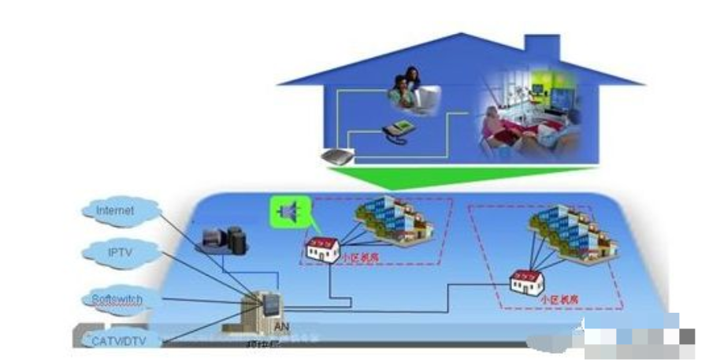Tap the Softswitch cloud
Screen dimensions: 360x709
[x=117, y=299]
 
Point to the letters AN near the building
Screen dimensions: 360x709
[x=279, y=327]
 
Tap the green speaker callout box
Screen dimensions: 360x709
[x=289, y=211]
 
